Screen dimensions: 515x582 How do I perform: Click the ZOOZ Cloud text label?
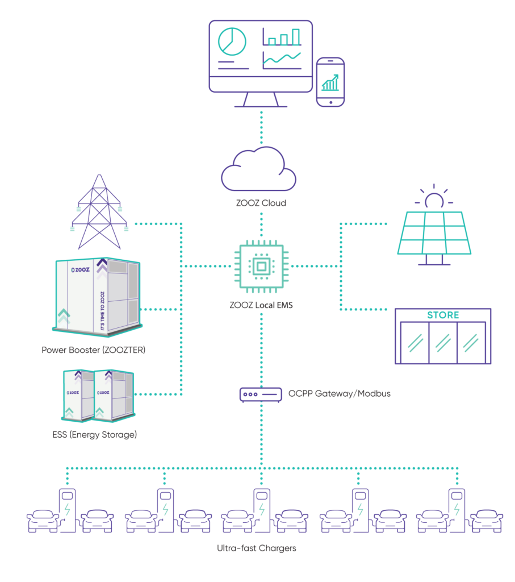[261, 203]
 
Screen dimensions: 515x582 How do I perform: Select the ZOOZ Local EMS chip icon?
[261, 266]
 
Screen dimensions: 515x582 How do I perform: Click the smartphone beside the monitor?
[330, 82]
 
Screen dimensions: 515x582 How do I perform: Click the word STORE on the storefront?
[443, 315]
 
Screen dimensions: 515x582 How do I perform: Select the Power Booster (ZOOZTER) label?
[94, 350]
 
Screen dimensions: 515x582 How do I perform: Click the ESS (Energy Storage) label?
[95, 435]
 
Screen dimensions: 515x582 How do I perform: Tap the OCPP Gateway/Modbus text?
[339, 393]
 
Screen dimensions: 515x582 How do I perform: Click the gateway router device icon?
[261, 394]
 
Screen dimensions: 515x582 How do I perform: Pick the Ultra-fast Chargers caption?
[257, 548]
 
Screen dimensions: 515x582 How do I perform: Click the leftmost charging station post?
[67, 510]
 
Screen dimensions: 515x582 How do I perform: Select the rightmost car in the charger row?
[487, 521]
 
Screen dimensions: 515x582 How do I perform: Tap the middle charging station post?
[262, 510]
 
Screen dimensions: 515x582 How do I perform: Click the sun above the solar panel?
[434, 197]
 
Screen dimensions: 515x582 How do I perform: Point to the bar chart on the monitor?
[282, 37]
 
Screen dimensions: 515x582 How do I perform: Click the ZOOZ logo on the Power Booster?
[81, 270]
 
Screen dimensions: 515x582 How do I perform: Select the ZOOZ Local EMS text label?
[261, 305]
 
